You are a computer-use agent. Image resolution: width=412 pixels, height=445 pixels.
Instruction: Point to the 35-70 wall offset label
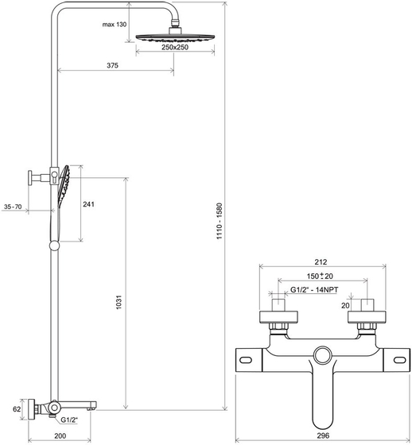[14, 207]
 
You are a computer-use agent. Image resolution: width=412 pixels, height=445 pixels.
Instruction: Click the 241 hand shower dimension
[89, 204]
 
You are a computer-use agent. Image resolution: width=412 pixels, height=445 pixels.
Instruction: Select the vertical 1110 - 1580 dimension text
[229, 215]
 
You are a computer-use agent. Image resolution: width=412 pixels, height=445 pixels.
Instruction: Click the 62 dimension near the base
[8, 410]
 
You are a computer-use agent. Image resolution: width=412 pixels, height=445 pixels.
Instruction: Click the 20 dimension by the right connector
[345, 304]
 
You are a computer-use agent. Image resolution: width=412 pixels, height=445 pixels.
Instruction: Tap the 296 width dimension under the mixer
[321, 436]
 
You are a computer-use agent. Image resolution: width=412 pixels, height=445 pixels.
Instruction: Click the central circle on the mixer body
[322, 356]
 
